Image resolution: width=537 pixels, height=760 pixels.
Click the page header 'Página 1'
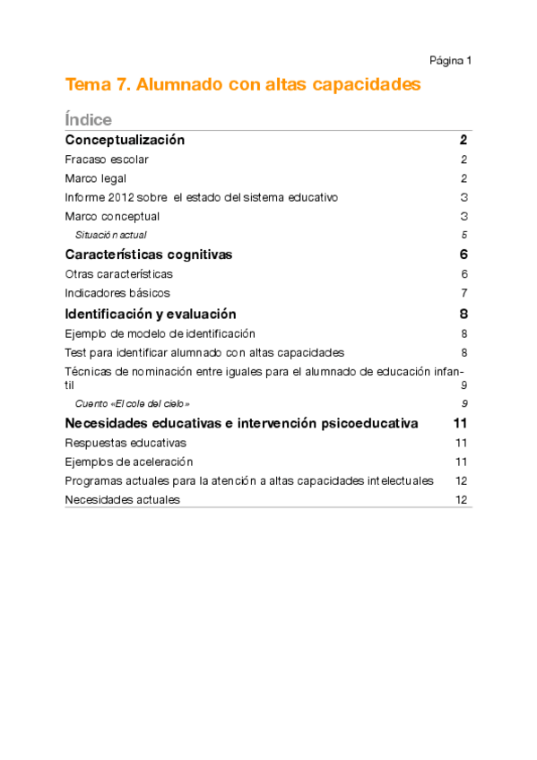tap(450, 61)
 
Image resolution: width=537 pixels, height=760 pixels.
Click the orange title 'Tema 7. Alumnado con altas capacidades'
tap(243, 85)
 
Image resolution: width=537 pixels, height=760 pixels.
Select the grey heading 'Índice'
tap(88, 119)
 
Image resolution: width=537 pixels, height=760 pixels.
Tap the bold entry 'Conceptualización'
tap(125, 140)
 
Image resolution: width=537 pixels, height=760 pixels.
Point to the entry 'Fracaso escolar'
tap(107, 160)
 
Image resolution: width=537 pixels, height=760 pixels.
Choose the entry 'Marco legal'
tap(95, 178)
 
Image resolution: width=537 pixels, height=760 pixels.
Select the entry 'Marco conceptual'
tap(112, 216)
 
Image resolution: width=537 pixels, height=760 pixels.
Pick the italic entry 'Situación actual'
tap(110, 235)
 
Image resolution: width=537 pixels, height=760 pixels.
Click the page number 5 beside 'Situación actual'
tap(464, 235)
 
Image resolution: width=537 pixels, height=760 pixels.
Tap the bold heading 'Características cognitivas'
tap(149, 255)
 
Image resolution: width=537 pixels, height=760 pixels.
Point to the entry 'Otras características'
tap(119, 274)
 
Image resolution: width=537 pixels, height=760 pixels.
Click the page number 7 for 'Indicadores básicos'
tap(464, 293)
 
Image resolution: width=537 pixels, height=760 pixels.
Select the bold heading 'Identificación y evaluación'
tap(151, 314)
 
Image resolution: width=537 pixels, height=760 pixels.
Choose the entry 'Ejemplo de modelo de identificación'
tap(160, 333)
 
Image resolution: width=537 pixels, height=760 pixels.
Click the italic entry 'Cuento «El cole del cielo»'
tap(132, 403)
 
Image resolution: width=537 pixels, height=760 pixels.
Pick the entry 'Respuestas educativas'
tap(126, 443)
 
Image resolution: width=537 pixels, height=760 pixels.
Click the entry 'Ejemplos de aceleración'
tap(129, 462)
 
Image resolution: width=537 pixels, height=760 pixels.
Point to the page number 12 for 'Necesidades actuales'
tap(462, 500)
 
